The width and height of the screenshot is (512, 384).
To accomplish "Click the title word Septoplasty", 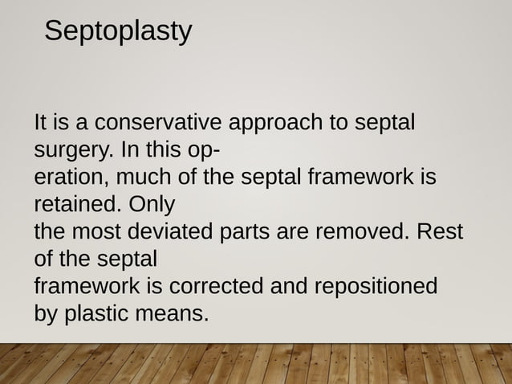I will click(x=118, y=31).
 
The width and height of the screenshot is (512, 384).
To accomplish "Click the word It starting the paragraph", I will click(x=40, y=125).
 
